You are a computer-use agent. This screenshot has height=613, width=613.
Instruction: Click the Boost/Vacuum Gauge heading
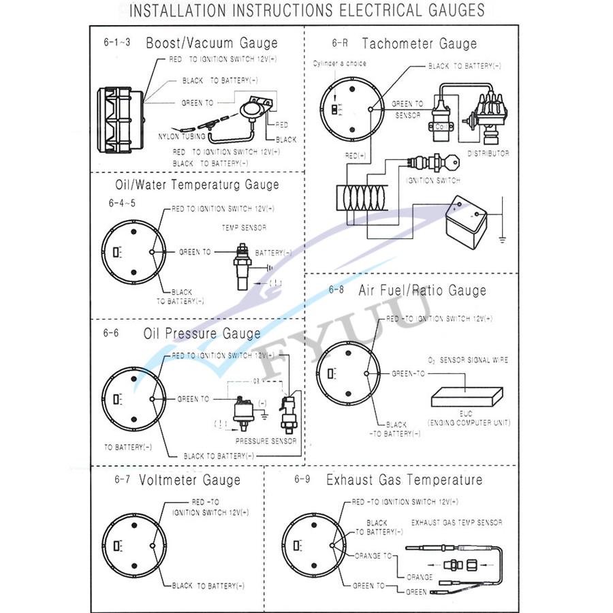coord(212,43)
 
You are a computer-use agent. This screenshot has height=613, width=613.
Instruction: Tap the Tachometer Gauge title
coord(419,44)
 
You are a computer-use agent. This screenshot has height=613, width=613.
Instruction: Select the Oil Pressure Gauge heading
coord(202,333)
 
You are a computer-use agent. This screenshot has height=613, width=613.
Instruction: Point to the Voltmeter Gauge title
coord(189,480)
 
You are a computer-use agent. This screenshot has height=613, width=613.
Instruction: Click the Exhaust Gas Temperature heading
coord(404,480)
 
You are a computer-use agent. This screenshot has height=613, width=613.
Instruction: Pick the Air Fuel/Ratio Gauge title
coord(422,290)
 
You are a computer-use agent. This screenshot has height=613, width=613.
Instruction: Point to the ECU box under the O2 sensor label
coord(467,397)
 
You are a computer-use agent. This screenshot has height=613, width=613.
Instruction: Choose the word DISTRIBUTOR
coord(488,153)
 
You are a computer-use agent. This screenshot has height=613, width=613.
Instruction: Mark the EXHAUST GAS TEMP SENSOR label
coord(456,522)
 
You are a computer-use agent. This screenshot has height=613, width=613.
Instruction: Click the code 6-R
coord(340,42)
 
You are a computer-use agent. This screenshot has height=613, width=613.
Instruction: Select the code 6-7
coord(122,480)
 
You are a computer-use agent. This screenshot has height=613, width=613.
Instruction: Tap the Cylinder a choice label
coord(339,63)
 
